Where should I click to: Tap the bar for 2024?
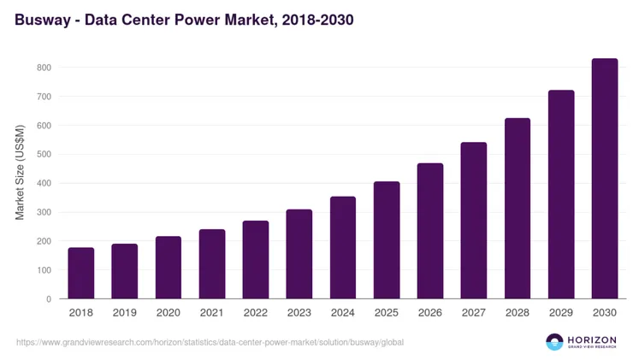343,248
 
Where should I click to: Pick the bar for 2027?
474,221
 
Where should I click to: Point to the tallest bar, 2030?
605,179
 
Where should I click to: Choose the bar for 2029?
561,194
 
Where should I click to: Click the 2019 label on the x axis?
125,313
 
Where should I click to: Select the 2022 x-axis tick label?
256,313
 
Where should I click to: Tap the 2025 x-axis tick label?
387,313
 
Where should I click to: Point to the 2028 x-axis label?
518,313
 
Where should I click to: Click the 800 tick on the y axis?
44,68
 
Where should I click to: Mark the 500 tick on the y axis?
44,155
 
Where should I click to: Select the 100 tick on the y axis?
44,270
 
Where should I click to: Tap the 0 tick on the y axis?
49,299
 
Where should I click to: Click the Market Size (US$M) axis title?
21,172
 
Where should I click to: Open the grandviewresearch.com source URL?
210,342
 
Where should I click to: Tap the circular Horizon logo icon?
555,342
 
